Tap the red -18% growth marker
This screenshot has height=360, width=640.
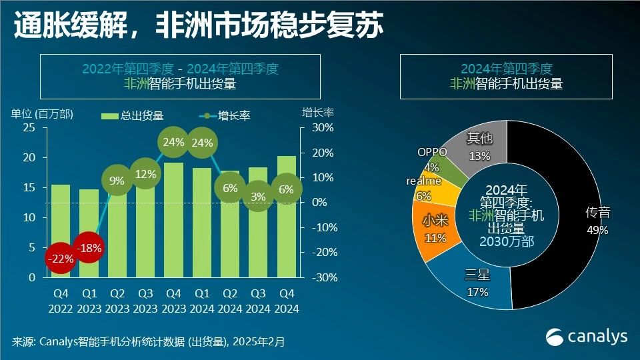coord(89,248)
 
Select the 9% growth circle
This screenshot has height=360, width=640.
coord(117,179)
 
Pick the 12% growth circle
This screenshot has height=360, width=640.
coord(146,174)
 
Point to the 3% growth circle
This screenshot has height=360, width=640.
coord(259,196)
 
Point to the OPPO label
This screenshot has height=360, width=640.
coord(432,152)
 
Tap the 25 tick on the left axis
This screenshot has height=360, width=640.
coord(29,127)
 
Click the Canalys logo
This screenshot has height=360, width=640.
coord(587,337)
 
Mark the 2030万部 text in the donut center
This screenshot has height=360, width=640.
coord(507,241)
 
